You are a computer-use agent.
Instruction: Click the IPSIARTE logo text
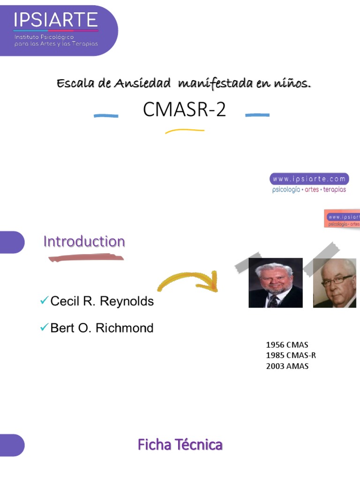point(56,20)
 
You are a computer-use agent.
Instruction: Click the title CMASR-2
point(184,110)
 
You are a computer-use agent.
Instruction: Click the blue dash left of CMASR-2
point(106,116)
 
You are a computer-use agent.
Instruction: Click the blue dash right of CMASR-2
point(257,114)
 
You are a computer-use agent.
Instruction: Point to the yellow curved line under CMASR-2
point(184,131)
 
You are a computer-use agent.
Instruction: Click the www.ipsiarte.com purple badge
point(309,179)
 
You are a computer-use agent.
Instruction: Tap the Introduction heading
point(84,241)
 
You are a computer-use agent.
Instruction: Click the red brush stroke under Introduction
point(86,257)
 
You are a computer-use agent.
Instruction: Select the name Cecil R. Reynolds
point(102,301)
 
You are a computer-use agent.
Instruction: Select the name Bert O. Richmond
point(102,328)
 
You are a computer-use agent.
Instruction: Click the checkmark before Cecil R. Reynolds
point(45,300)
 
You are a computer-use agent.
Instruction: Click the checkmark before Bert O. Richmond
point(45,327)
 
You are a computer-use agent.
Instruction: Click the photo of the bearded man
point(275,283)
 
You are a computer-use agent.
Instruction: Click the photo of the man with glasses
point(334,283)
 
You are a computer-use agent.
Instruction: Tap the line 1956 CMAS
point(287,345)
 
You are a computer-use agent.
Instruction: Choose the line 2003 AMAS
point(287,367)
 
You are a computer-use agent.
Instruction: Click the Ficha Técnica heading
point(180,444)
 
